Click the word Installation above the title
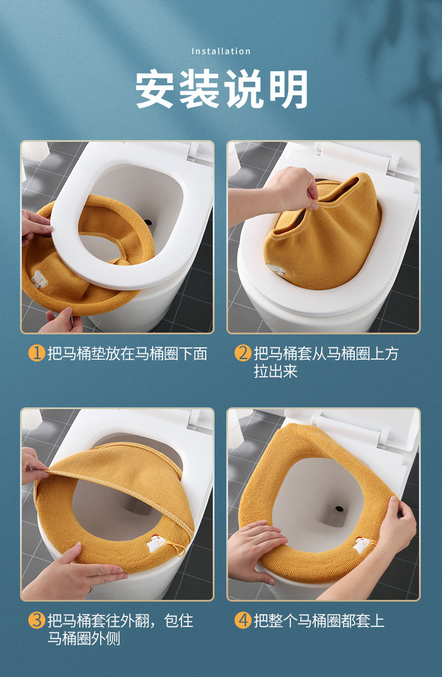[221, 51]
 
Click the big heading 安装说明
[222, 89]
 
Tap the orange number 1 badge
[37, 353]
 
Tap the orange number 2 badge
[243, 353]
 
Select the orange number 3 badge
[37, 620]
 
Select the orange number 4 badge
[243, 620]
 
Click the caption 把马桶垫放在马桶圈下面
[127, 354]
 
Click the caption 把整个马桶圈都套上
[319, 621]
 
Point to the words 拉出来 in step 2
[276, 371]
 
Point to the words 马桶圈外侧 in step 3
[84, 638]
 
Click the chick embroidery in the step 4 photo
[362, 545]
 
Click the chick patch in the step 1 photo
[39, 279]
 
